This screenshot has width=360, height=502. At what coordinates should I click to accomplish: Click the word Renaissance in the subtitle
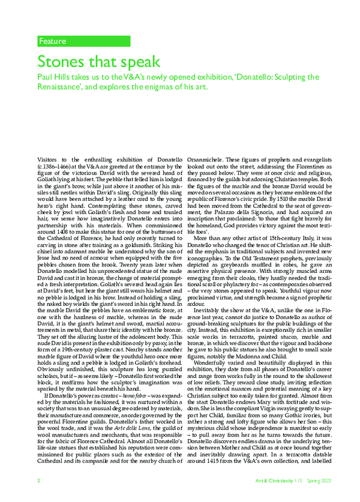point(64,88)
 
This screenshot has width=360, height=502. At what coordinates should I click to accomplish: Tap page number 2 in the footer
point(38,497)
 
